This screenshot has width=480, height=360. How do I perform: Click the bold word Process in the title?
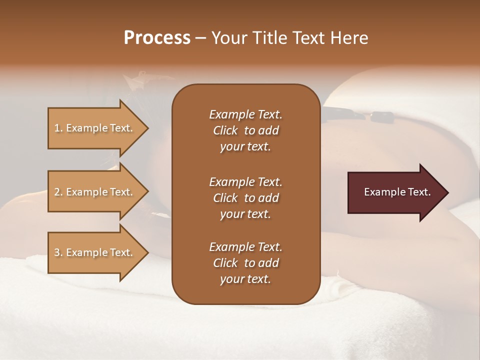157,38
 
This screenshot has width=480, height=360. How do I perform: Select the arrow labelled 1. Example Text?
95,128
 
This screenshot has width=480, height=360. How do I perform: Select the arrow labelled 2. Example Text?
95,192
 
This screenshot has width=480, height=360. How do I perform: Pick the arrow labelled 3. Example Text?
95,252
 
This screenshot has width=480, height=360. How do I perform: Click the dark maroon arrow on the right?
395,192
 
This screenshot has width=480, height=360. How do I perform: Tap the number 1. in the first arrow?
58,128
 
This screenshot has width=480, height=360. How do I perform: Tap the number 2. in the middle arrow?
58,192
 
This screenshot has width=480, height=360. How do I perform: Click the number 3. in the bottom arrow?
58,252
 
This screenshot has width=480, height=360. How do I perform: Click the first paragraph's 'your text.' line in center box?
245,147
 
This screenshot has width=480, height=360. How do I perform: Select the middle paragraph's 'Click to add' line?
245,198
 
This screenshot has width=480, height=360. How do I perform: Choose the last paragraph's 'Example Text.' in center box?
245,247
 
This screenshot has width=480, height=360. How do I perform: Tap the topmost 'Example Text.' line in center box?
245,114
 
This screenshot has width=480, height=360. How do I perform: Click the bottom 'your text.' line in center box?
245,279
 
